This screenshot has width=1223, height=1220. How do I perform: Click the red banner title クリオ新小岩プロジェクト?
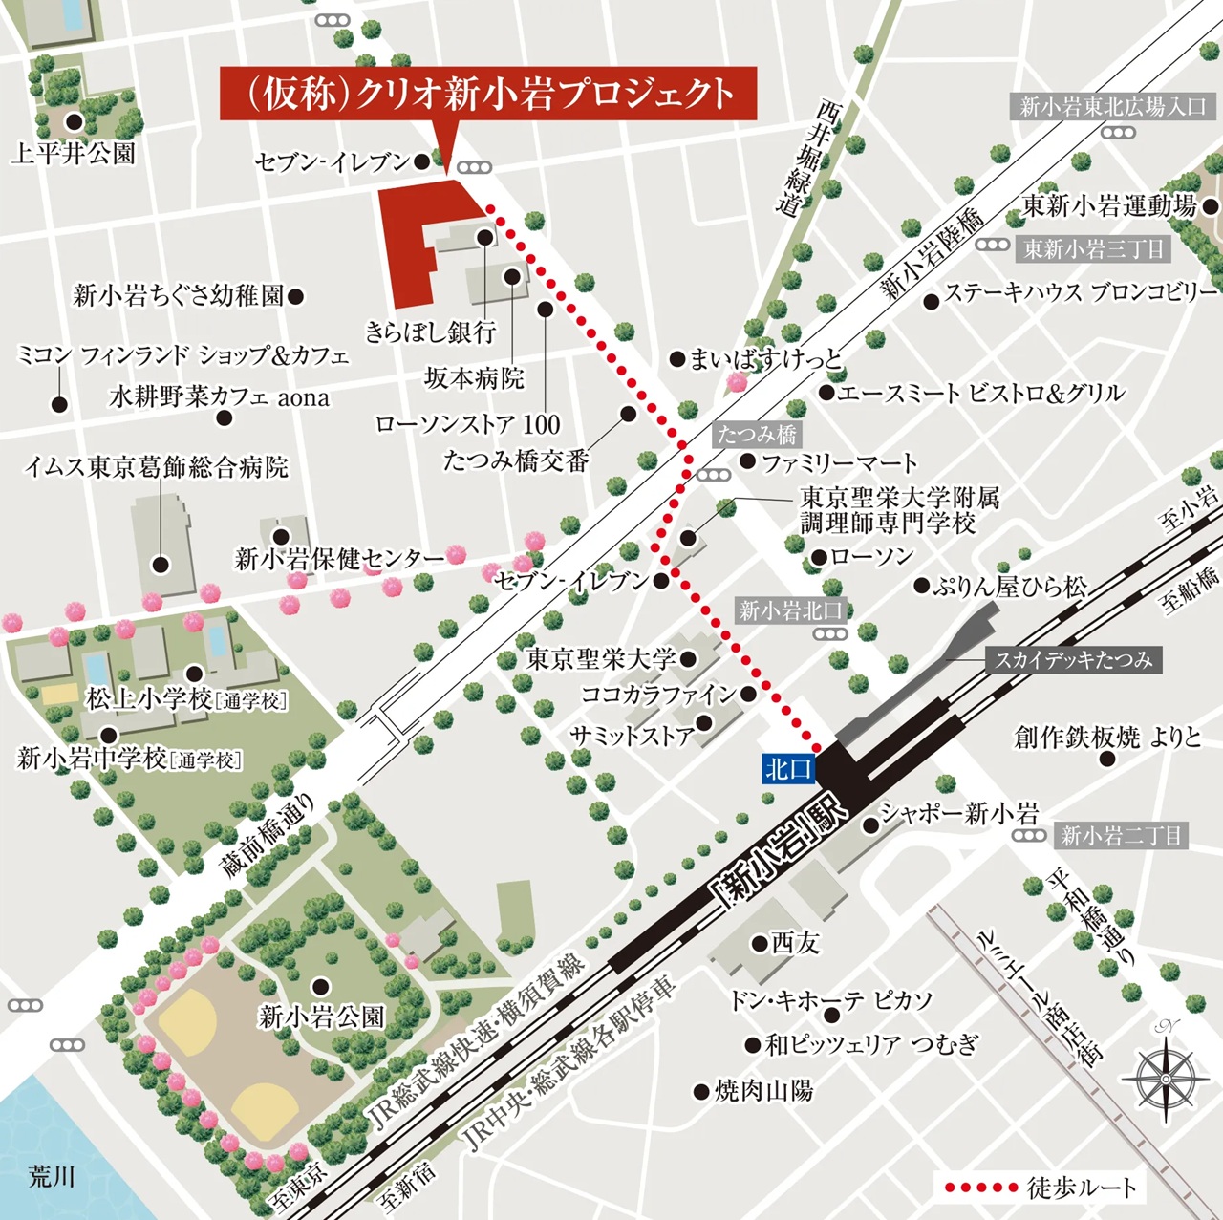(x=488, y=94)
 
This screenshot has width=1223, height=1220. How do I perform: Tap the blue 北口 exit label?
(x=788, y=768)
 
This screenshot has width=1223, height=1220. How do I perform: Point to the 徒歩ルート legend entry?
(x=1040, y=1188)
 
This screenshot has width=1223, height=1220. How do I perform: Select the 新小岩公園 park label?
(x=321, y=1017)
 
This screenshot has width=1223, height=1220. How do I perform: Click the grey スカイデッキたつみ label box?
(x=1073, y=659)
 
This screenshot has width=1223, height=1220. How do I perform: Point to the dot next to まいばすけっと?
(x=676, y=359)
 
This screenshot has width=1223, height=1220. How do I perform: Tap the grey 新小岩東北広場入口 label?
(x=1113, y=106)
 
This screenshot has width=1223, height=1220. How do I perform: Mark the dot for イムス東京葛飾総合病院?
(x=161, y=565)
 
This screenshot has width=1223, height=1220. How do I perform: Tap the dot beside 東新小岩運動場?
(x=1211, y=205)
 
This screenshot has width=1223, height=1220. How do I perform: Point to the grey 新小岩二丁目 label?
(x=1121, y=836)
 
